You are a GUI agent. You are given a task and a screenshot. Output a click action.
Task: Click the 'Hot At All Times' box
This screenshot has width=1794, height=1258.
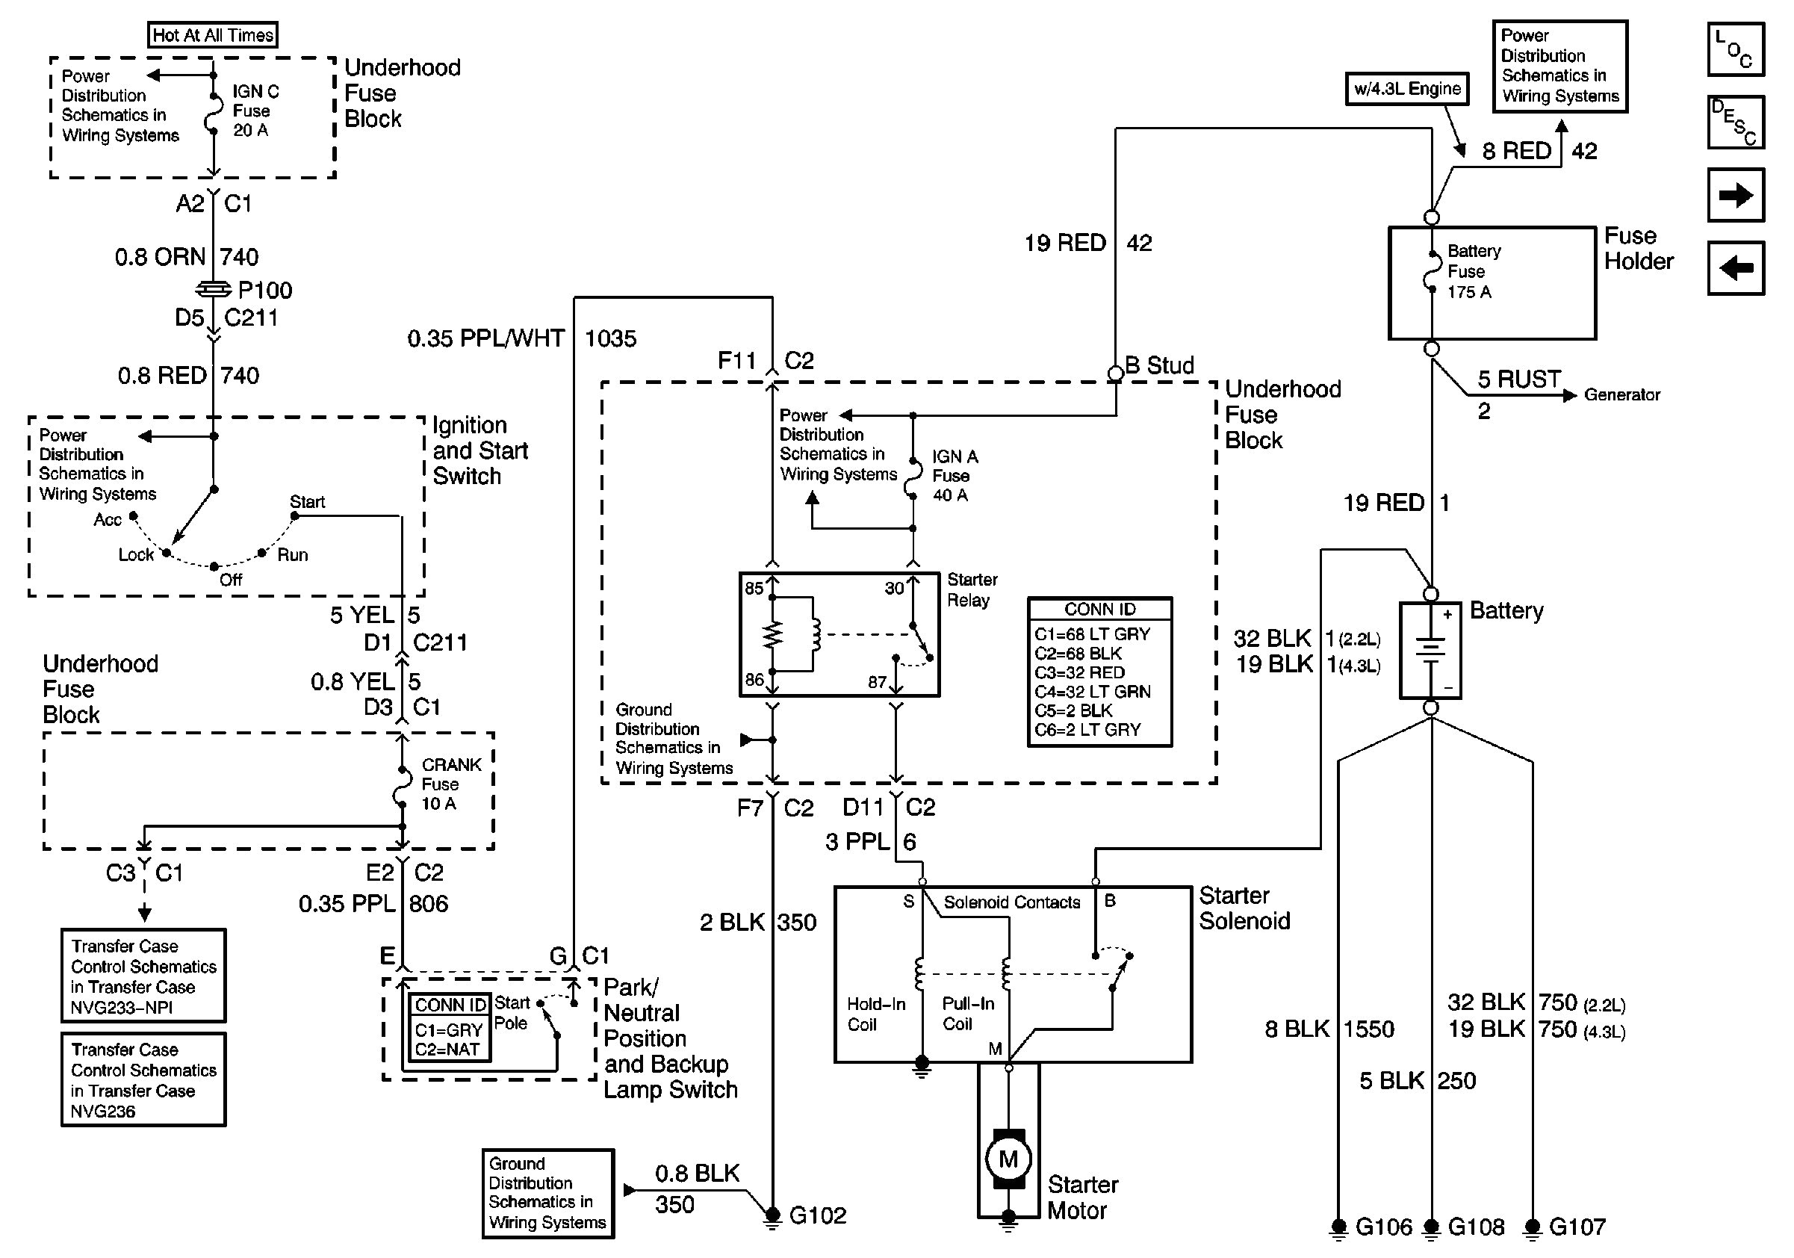[x=213, y=35]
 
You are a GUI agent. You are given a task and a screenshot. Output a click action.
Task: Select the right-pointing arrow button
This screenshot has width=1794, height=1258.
[x=1736, y=195]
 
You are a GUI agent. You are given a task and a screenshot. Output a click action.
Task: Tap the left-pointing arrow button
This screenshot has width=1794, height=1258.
[x=1736, y=269]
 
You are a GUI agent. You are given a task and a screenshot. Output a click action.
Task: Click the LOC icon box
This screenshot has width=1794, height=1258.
[x=1736, y=49]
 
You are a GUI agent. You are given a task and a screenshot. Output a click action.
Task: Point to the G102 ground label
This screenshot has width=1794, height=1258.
[x=817, y=1215]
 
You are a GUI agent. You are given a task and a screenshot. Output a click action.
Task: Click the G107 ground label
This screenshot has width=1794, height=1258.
[x=1577, y=1227]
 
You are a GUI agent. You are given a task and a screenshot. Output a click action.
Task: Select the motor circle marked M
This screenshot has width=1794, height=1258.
[x=1008, y=1159]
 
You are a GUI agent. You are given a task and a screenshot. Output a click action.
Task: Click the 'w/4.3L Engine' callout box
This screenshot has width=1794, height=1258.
[x=1407, y=88]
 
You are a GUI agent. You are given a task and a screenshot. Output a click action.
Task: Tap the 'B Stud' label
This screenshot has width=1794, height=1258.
[x=1160, y=365]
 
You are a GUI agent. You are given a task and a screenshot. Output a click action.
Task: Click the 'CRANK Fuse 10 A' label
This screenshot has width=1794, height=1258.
[x=450, y=784]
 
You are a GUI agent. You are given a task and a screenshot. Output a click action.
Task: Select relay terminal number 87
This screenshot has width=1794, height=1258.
[x=877, y=682]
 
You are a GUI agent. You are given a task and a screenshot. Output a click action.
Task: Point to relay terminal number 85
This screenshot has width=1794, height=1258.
[x=754, y=589]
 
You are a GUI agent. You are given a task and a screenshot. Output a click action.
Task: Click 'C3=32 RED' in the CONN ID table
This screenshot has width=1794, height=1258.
[x=1079, y=672]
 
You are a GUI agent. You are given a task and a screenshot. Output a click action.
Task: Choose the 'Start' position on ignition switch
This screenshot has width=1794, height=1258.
[x=307, y=502]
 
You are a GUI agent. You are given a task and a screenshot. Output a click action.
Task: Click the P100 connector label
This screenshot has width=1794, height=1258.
[x=265, y=291]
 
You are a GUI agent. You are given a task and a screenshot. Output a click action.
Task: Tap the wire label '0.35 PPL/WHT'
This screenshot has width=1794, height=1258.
[x=485, y=338]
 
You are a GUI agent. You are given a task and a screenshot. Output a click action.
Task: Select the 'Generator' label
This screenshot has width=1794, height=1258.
[x=1621, y=394]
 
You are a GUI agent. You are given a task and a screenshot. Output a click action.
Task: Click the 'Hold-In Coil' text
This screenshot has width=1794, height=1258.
[x=876, y=1014]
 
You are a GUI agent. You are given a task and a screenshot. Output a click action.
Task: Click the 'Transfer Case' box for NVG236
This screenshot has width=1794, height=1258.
[x=143, y=1079]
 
